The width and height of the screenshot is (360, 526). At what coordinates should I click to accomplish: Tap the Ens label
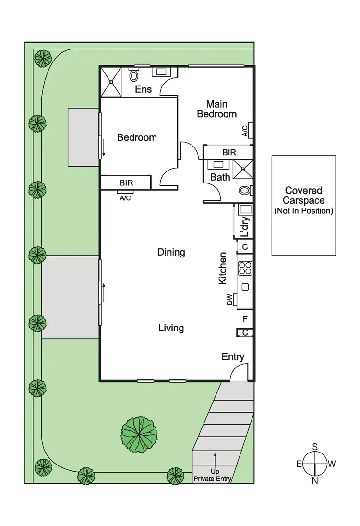[x=143, y=89]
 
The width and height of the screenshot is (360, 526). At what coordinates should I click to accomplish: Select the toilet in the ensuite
[x=134, y=75]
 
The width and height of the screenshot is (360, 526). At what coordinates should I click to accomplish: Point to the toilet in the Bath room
[x=245, y=191]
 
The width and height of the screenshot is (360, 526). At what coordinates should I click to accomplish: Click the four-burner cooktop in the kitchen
[x=245, y=268]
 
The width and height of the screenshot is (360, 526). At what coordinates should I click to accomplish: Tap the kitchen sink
[x=245, y=287]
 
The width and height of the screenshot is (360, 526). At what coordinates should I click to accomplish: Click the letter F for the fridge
[x=245, y=318]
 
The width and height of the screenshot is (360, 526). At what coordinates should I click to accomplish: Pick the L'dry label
[x=244, y=227]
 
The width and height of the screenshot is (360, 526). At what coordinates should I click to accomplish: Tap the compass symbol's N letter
[x=315, y=481]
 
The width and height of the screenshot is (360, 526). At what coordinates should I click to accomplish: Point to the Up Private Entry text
[x=213, y=475]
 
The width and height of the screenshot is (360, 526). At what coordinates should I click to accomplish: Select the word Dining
[x=171, y=252]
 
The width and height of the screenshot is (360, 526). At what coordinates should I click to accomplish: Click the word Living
[x=171, y=328]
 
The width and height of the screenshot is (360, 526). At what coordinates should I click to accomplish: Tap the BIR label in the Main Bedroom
[x=229, y=152]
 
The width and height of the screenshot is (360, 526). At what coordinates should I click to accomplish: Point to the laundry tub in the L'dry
[x=245, y=209]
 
